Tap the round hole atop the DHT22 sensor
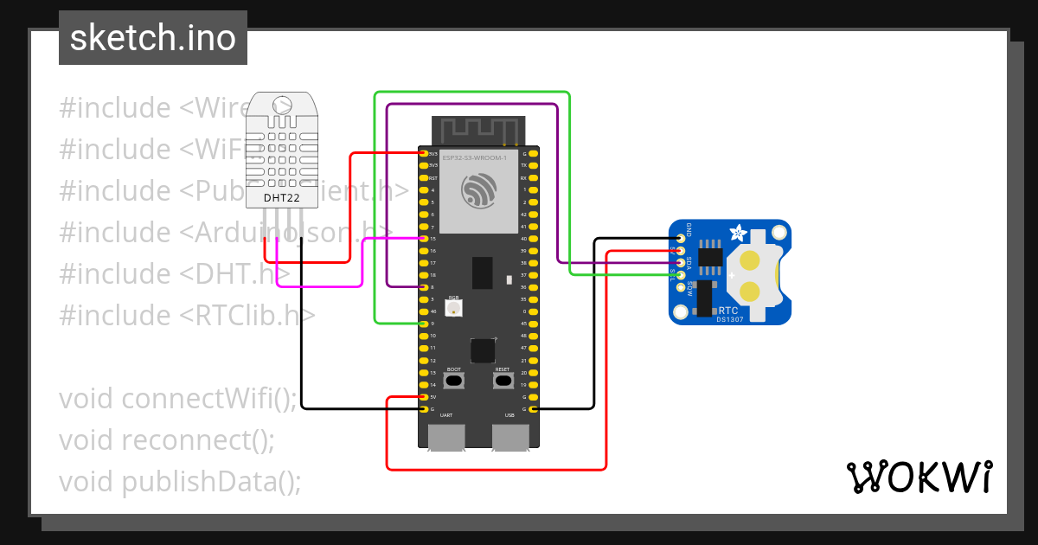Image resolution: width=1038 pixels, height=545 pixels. coord(282,106)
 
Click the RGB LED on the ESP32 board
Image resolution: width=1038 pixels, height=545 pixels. coord(453,306)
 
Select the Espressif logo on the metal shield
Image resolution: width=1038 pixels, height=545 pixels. coord(478,191)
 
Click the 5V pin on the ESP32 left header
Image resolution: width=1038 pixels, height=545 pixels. coord(423,397)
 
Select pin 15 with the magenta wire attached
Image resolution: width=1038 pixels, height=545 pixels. coord(423,239)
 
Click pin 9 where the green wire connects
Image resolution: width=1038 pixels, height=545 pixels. coord(423,324)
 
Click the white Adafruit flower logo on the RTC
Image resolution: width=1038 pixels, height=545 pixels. coord(739,233)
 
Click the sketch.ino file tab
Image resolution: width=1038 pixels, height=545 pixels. coord(153,38)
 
